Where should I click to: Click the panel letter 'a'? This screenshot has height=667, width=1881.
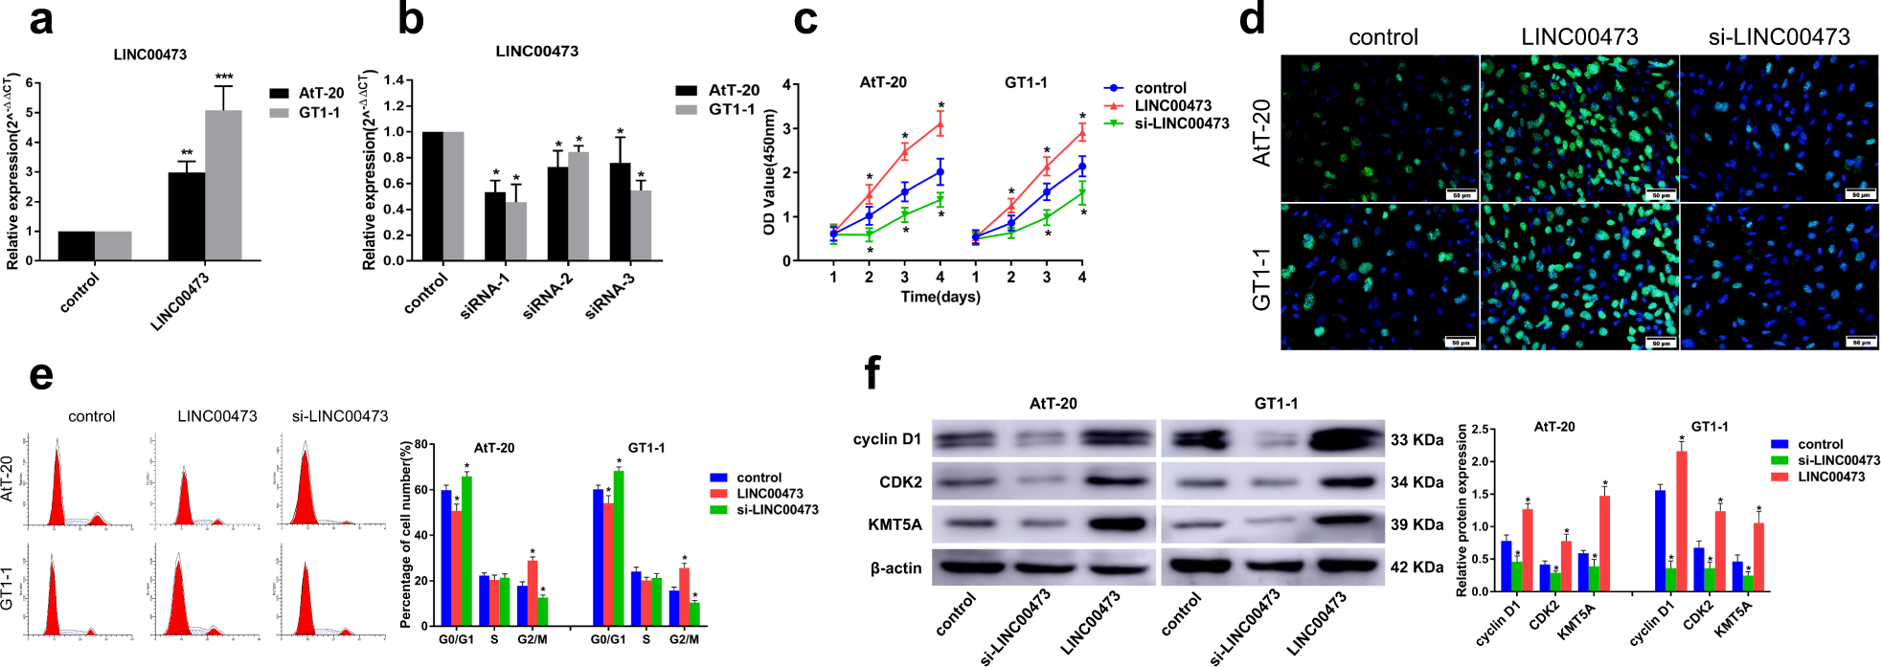coord(40,21)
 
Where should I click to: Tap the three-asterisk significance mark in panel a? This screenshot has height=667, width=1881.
coord(223,78)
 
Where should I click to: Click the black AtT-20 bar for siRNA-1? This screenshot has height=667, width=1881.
coord(495,226)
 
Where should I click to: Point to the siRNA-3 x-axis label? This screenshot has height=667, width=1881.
coord(609,296)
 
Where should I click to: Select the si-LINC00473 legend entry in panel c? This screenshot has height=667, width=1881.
coord(1181,123)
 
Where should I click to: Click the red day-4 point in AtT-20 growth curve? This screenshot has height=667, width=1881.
coord(940,123)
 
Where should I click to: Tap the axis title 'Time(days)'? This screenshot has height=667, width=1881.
coord(940,298)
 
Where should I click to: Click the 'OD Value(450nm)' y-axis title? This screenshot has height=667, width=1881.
coord(768,172)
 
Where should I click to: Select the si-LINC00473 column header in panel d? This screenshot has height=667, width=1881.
coord(1779,37)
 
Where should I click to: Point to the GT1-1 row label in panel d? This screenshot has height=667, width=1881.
coord(1262,278)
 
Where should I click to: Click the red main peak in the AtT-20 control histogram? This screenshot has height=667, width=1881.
coord(57,493)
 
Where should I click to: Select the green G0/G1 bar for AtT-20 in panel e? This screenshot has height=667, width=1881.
coord(466,550)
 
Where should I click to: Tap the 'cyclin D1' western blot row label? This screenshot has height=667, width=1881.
coord(887,439)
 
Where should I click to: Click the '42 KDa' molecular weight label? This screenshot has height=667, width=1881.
coord(1416,567)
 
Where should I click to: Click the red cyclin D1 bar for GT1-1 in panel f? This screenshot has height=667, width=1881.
coord(1682,522)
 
